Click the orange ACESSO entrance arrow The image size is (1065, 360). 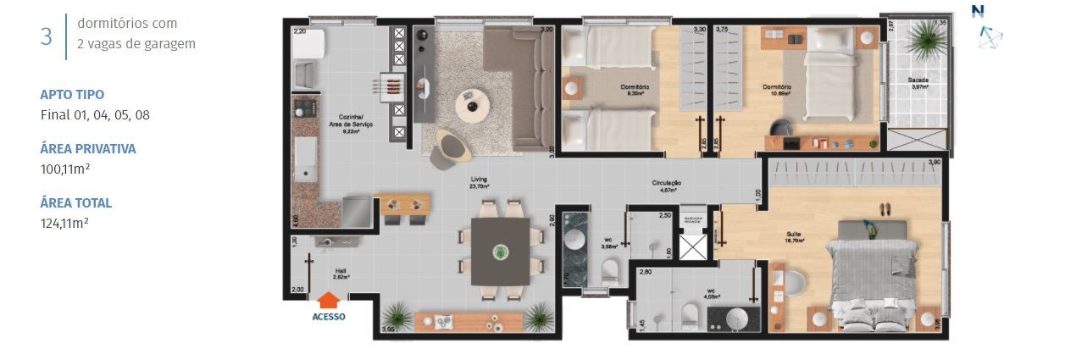point(329,300)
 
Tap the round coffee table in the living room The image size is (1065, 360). point(472,106)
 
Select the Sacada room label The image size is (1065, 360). point(919,82)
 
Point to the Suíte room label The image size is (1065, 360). point(794,236)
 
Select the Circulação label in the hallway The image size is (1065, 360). point(667,186)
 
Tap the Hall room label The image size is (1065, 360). point(341,274)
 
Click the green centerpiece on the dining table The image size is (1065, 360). point(501,251)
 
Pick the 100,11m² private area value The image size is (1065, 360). point(65,169)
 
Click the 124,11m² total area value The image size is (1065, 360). point(65,223)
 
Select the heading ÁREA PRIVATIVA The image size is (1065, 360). point(88,149)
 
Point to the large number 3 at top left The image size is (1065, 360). point(46,36)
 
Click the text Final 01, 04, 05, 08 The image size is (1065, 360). point(95,114)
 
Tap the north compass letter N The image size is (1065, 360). point(979,11)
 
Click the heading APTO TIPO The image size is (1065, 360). point(72,95)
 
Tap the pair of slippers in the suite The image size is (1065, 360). point(885,208)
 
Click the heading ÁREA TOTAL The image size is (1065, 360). point(75,203)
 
